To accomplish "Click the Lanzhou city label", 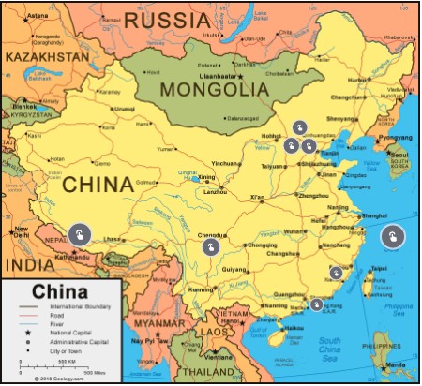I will [216, 191].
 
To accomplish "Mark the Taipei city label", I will [379, 268].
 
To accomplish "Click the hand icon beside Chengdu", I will [212, 247].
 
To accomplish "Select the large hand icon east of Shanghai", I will [392, 236].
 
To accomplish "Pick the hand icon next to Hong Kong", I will [316, 304].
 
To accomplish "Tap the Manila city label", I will [394, 364].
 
